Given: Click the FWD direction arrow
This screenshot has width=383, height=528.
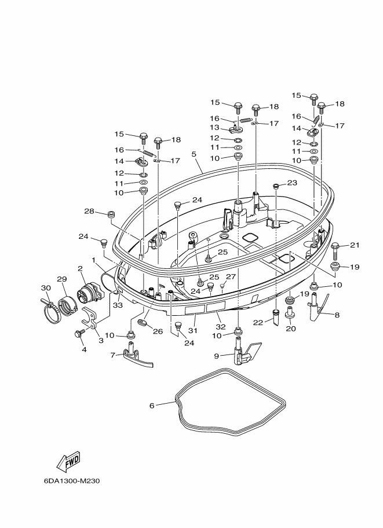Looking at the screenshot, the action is tap(68, 461).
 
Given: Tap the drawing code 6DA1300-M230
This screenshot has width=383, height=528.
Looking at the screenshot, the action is tap(71, 481).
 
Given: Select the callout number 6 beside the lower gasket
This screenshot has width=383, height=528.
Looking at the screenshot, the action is tap(152, 406).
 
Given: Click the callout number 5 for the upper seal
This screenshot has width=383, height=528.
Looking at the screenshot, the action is tap(194, 154).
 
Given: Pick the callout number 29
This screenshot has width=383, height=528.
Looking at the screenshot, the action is tap(62, 279).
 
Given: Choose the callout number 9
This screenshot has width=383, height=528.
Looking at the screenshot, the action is tap(216, 356).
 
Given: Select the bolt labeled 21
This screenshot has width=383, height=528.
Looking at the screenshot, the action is tap(336, 249).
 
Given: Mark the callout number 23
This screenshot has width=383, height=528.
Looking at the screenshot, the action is tap(292, 183).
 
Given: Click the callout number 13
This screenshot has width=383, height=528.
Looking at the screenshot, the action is tap(214, 128).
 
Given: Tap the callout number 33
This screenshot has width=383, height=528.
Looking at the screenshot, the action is tap(118, 305).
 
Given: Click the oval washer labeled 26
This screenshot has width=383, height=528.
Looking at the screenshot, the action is tap(143, 324).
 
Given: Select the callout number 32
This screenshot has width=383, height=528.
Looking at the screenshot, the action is tap(220, 327).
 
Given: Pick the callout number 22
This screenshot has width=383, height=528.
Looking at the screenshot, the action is tap(258, 323).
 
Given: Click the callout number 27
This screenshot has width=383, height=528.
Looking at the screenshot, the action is tap(231, 277).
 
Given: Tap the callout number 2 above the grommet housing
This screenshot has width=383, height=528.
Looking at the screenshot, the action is tap(80, 268).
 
